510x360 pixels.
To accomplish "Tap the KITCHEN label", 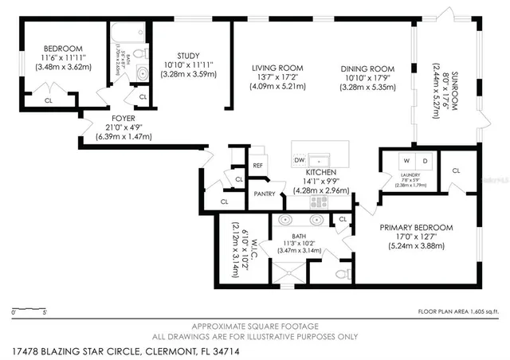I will tap(320, 172).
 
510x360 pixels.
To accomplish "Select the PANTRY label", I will tap(264, 194).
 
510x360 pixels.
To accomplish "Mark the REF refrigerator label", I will tap(258, 165).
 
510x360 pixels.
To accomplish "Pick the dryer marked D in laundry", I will tap(424, 161).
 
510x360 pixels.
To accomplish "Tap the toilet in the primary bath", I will tap(343, 274).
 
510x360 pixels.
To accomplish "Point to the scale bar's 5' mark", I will tap(45, 312).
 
